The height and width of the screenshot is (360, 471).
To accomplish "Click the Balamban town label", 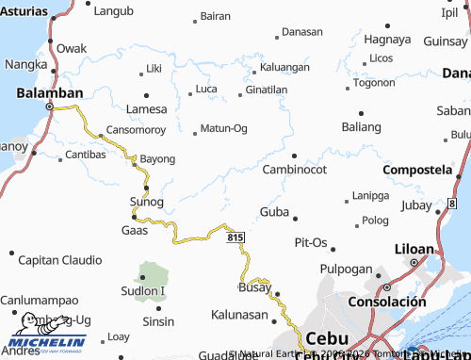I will pyautogui.click(x=49, y=92).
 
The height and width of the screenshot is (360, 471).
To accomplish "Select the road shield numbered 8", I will pyautogui.click(x=453, y=203).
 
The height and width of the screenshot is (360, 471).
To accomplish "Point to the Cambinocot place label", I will pyautogui.click(x=294, y=170).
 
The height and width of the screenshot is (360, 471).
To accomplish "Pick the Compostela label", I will pyautogui.click(x=416, y=170).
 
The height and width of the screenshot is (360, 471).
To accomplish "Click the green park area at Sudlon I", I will pyautogui.click(x=151, y=279).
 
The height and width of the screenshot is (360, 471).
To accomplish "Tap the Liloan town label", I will pyautogui.click(x=414, y=249).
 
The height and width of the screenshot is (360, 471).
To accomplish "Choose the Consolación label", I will pyautogui.click(x=394, y=302).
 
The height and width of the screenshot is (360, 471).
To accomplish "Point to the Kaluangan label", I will pyautogui.click(x=284, y=68).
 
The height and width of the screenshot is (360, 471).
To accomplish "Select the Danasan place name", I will pyautogui.click(x=301, y=32).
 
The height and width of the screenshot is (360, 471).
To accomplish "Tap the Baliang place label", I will pyautogui.click(x=362, y=126).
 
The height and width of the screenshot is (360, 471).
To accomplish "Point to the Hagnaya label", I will pyautogui.click(x=387, y=40).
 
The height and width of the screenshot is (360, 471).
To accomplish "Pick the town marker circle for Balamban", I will pyautogui.click(x=50, y=107).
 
